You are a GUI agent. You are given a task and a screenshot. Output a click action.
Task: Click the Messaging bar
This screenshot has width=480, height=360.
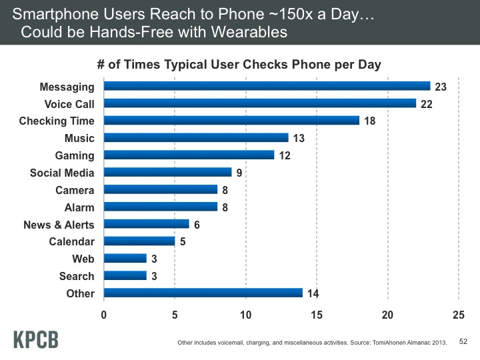(267, 86)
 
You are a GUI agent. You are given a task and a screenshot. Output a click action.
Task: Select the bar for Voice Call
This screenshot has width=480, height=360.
(260, 103)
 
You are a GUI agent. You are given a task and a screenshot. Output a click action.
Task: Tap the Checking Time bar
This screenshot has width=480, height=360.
(231, 121)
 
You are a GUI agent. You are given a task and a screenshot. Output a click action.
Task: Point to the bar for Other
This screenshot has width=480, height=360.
(203, 293)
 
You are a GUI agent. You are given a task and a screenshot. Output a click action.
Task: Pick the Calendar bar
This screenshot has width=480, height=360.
(139, 241)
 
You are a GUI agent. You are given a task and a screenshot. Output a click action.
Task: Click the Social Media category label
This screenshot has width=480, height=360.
(62, 173)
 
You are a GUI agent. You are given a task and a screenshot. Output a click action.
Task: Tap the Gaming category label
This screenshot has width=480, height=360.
(75, 155)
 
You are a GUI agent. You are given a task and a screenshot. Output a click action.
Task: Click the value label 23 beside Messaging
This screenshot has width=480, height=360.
(441, 86)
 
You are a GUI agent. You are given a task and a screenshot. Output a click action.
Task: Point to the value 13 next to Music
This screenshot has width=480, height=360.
(299, 138)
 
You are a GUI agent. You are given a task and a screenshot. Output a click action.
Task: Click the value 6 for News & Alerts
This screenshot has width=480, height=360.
(197, 224)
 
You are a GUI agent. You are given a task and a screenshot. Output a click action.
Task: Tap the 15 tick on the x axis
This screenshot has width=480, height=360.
(316, 314)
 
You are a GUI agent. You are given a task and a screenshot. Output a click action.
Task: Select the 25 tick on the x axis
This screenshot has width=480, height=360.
(457, 314)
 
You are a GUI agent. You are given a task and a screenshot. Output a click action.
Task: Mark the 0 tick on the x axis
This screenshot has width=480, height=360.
(104, 314)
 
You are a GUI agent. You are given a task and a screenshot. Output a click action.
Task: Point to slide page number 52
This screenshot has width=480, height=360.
(465, 341)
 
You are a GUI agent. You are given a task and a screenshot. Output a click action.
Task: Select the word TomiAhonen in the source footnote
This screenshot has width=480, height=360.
(387, 343)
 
